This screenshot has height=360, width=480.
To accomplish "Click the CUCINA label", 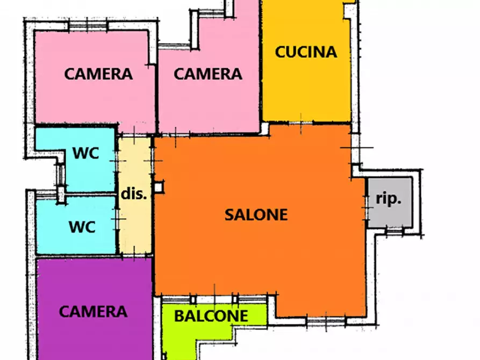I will [x=306, y=52].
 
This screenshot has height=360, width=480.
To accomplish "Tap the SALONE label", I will [x=256, y=214].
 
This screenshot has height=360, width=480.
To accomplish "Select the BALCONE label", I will [x=211, y=316].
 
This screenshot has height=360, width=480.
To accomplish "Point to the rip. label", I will [x=388, y=199].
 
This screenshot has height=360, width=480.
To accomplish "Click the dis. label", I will [x=133, y=194].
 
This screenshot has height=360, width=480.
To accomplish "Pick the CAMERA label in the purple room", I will [x=93, y=311].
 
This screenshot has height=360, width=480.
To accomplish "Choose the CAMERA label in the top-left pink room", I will [x=98, y=74].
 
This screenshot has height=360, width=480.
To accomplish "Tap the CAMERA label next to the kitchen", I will [x=207, y=74].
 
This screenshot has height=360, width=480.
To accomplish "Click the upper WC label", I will [x=86, y=153].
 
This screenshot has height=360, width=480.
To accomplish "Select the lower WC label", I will [x=82, y=227].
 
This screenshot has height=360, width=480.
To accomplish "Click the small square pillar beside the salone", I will [x=159, y=187].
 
